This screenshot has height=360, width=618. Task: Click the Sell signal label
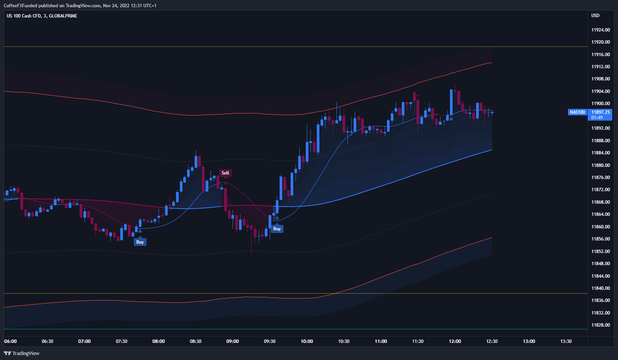(225, 173)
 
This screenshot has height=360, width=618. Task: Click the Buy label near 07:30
(140, 242)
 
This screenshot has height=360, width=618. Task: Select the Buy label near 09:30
(277, 229)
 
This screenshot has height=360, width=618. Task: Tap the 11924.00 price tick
(601, 30)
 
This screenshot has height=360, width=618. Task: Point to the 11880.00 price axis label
(601, 165)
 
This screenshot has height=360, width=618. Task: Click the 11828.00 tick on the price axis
(601, 325)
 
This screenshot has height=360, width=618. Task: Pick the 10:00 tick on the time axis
(307, 341)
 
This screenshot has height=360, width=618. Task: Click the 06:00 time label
(11, 341)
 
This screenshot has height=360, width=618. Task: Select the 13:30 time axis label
(566, 341)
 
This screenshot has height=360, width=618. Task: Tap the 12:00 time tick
(455, 341)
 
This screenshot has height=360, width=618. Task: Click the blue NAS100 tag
(577, 112)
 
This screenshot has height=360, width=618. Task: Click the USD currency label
(595, 16)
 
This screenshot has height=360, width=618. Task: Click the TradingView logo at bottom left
(22, 353)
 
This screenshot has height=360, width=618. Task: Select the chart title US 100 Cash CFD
(24, 16)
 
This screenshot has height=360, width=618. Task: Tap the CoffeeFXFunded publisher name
(20, 6)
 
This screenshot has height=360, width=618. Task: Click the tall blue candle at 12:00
(451, 102)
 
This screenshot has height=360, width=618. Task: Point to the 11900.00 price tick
(601, 104)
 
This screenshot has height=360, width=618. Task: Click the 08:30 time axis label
(196, 341)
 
